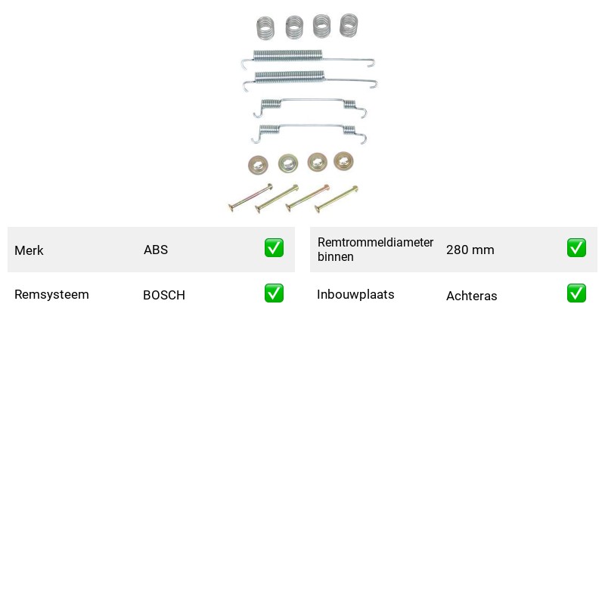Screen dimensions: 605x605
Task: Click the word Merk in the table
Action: click(29, 250)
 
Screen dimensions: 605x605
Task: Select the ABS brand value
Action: click(156, 250)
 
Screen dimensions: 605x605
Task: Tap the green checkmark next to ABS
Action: click(274, 248)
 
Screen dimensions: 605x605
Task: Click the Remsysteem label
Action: click(51, 294)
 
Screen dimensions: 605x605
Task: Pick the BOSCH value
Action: click(164, 295)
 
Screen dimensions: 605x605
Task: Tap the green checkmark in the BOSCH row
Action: click(274, 293)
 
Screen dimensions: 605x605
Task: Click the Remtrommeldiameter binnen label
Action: click(375, 250)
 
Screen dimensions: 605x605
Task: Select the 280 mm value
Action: click(470, 250)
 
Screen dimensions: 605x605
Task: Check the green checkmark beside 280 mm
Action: click(576, 248)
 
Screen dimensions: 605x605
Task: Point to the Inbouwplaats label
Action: click(355, 294)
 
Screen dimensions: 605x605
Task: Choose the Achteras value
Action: click(471, 296)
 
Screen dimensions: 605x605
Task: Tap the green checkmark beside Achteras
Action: click(576, 293)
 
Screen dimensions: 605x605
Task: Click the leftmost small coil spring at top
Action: click(265, 28)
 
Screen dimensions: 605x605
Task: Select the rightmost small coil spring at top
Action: click(349, 26)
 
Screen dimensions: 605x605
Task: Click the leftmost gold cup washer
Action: click(258, 165)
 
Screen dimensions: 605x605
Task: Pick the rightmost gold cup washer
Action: click(343, 161)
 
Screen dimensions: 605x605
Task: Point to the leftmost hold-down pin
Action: click(251, 197)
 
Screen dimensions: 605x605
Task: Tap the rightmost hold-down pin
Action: click(337, 199)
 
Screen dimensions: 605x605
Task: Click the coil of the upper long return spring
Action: click(287, 55)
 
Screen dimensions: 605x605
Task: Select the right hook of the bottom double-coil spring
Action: click(362, 138)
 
